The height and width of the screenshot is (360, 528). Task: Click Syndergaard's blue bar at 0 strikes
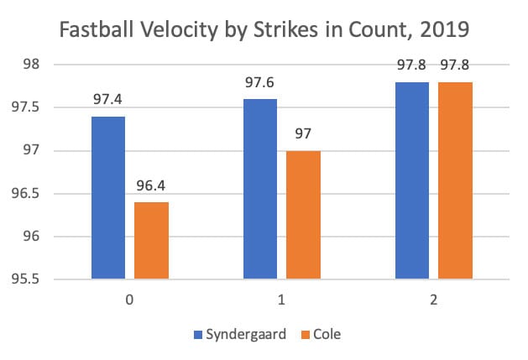[x=108, y=197]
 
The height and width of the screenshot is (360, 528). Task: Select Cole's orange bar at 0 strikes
[x=152, y=239]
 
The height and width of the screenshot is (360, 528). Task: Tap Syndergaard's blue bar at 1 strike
[x=260, y=189]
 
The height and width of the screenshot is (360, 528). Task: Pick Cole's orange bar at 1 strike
[x=304, y=214]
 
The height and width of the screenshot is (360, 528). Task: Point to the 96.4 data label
[x=152, y=186]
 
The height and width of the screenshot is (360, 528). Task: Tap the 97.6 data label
[x=260, y=83]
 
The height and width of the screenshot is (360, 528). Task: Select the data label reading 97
[x=304, y=135]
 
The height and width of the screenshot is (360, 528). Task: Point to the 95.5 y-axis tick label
[x=36, y=279]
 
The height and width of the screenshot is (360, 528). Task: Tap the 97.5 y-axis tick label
[x=36, y=107]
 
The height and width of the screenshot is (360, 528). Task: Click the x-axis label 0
[x=130, y=298]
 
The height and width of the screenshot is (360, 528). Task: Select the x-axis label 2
[x=434, y=298]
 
